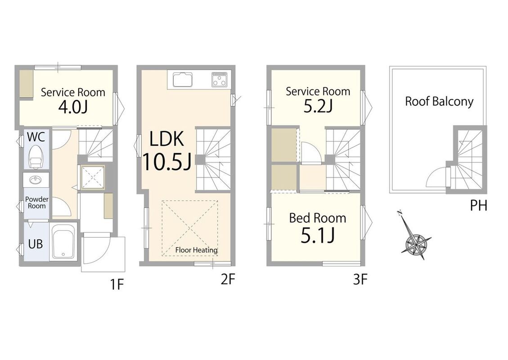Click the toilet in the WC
(x=36, y=157)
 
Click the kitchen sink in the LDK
(x=183, y=80)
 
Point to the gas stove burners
(x=219, y=80)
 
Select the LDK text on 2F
(x=166, y=139)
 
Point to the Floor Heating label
(x=196, y=250)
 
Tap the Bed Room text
(x=318, y=218)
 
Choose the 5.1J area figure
(x=318, y=235)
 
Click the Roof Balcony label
(x=439, y=102)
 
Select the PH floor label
(x=478, y=206)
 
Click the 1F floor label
(x=117, y=284)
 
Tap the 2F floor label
(x=228, y=279)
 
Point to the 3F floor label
(x=360, y=279)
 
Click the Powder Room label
(x=36, y=202)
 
